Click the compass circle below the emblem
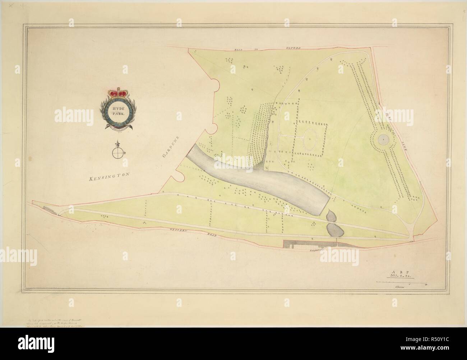(117, 153)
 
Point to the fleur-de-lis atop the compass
(117, 144)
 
